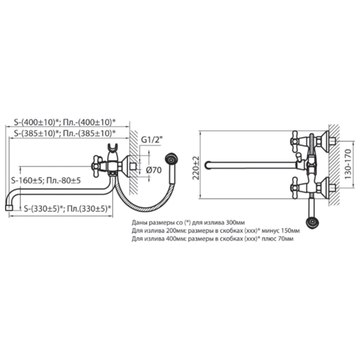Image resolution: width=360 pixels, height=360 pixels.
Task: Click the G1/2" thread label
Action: [151, 140]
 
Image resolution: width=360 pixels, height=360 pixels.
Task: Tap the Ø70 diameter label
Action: [154, 170]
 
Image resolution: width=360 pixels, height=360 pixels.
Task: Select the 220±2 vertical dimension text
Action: [197, 168]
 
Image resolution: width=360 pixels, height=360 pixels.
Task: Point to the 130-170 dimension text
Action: [348, 164]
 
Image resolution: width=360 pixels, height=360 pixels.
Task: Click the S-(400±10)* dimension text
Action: [37, 122]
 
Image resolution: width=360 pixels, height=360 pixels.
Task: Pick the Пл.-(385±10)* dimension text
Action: [89, 133]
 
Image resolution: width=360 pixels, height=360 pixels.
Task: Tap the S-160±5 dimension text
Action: [27, 180]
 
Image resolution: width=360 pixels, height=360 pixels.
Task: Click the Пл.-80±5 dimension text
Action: [63, 180]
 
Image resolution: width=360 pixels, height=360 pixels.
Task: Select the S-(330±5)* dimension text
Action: [44, 209]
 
